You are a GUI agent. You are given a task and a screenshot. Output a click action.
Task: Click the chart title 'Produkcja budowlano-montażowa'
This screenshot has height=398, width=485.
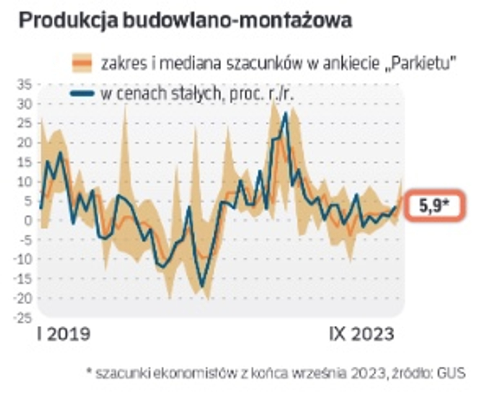click(185, 20)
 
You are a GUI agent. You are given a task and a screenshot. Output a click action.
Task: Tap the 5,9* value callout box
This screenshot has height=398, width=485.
click(435, 206)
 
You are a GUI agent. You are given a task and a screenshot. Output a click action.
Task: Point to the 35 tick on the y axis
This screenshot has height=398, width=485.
click(25, 85)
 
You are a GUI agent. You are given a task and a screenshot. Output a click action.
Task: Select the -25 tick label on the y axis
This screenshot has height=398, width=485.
click(23, 317)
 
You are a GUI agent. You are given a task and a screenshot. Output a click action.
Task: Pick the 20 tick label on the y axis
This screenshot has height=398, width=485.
click(25, 143)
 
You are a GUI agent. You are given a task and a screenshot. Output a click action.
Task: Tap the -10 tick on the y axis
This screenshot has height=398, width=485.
click(23, 259)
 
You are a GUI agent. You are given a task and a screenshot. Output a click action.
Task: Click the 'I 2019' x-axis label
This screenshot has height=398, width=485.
click(63, 334)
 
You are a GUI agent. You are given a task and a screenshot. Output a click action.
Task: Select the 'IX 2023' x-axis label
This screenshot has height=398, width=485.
click(361, 334)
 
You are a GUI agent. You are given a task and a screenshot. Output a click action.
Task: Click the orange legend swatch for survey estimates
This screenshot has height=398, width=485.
click(82, 63)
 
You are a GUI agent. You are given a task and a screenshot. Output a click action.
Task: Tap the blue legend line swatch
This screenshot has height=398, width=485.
click(82, 94)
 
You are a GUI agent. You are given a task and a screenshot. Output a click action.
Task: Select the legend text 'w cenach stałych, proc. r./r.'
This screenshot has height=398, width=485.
click(197, 94)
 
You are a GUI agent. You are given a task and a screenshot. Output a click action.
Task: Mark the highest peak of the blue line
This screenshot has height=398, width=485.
click(285, 113)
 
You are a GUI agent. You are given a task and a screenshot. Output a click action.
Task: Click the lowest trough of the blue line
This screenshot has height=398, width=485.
click(202, 286)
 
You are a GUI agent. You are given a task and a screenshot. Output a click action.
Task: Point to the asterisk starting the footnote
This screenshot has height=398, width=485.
click(89, 371)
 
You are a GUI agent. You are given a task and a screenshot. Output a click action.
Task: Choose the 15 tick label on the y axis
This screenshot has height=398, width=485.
click(25, 163)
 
